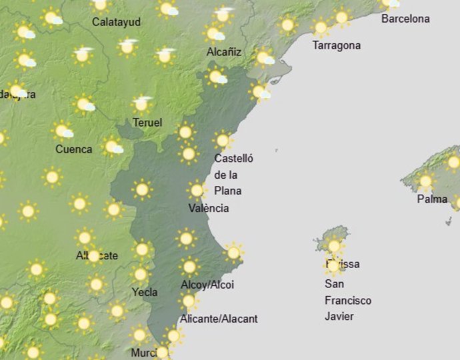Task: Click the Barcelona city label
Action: point(405,19)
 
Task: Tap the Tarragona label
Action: point(337,45)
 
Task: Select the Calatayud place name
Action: point(116,22)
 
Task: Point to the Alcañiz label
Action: point(224,51)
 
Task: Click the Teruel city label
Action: point(147,123)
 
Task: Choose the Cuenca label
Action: point(74,149)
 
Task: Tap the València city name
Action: point(209,208)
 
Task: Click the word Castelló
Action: point(234,159)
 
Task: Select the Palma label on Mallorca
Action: point(431,199)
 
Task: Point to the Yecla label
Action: point(145,292)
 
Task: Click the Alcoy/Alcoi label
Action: point(207,285)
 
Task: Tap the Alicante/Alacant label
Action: point(219,319)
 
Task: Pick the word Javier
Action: point(339,316)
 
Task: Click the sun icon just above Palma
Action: point(425,181)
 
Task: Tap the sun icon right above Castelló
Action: point(223,141)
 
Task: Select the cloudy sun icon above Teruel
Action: point(141,104)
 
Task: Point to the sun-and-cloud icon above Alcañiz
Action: point(215,33)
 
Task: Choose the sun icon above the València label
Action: point(196,191)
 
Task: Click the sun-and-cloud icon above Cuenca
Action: point(63,131)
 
